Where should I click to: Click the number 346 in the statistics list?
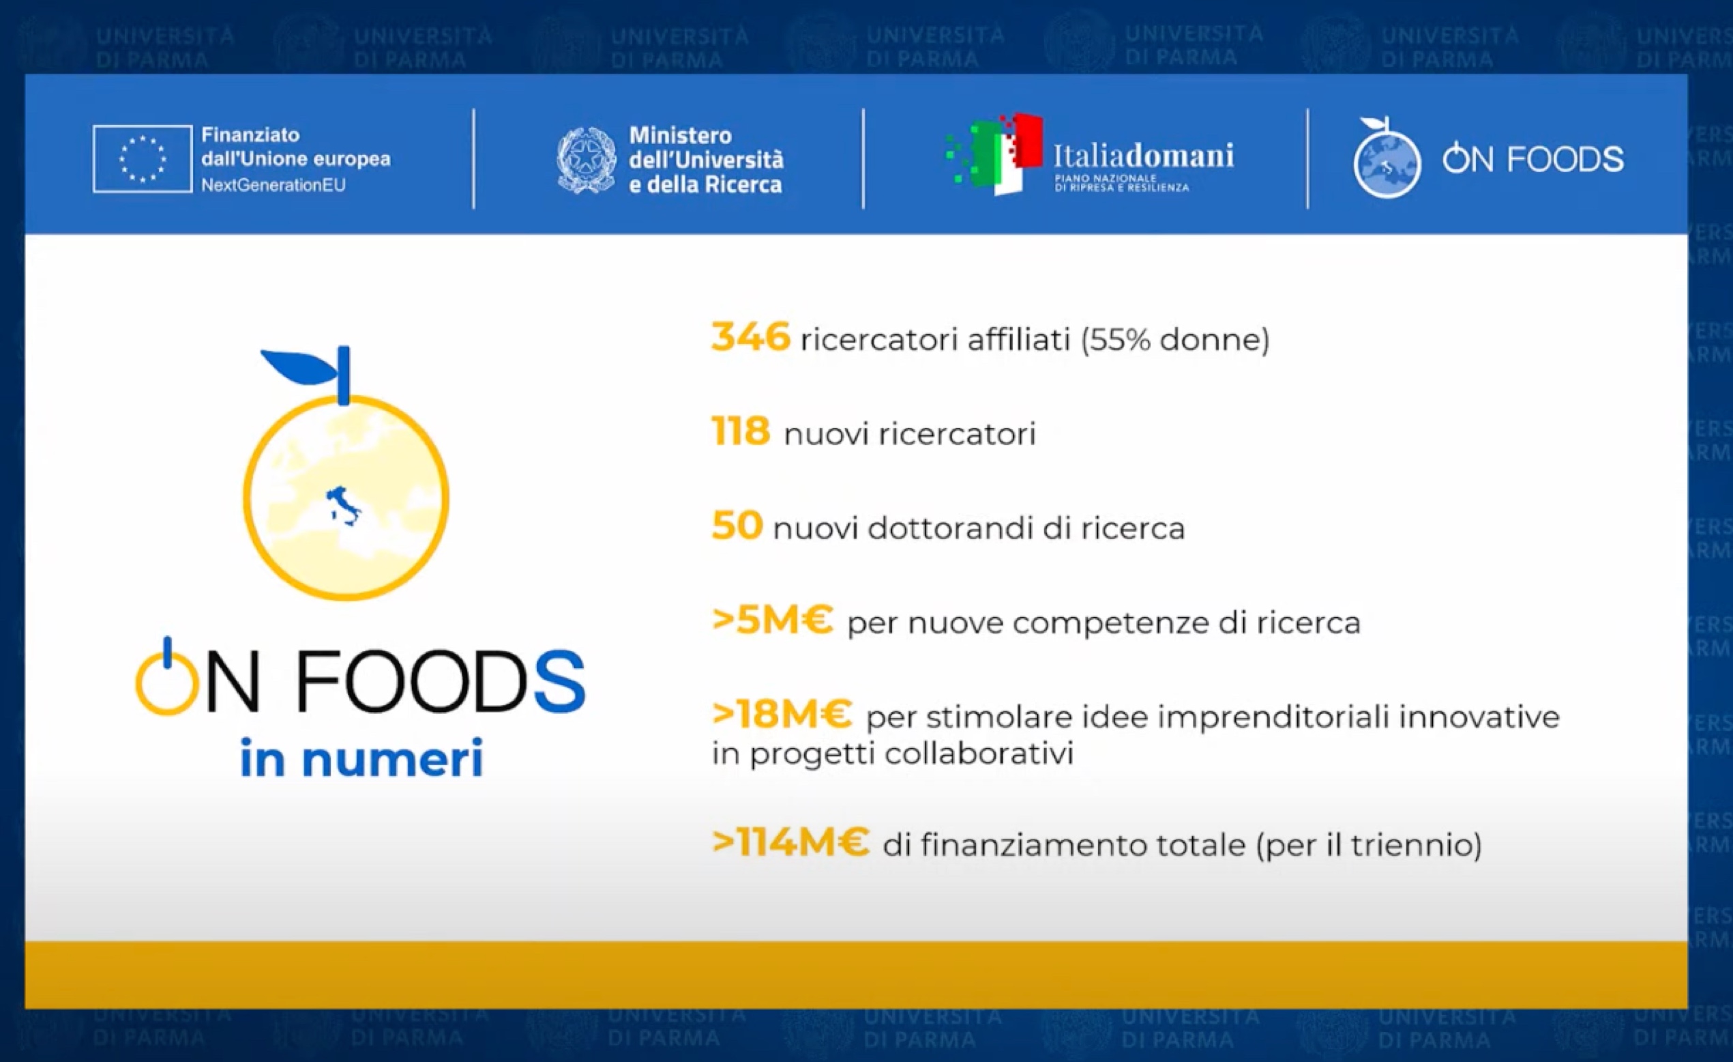click(750, 336)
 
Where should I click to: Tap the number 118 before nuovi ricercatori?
click(741, 431)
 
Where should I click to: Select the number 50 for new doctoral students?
click(737, 525)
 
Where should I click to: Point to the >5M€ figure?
click(772, 620)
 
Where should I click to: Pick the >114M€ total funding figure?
click(790, 841)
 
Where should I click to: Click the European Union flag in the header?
click(142, 158)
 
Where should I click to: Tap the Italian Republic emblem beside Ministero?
click(586, 160)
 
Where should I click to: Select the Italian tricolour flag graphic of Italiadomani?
click(994, 154)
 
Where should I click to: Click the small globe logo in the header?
click(1387, 159)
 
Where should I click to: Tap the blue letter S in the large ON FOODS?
click(559, 681)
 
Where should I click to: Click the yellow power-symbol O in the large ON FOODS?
click(166, 678)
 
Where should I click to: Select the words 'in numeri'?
click(361, 758)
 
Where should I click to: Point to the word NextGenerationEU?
click(273, 185)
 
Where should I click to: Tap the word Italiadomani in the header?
click(1143, 155)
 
